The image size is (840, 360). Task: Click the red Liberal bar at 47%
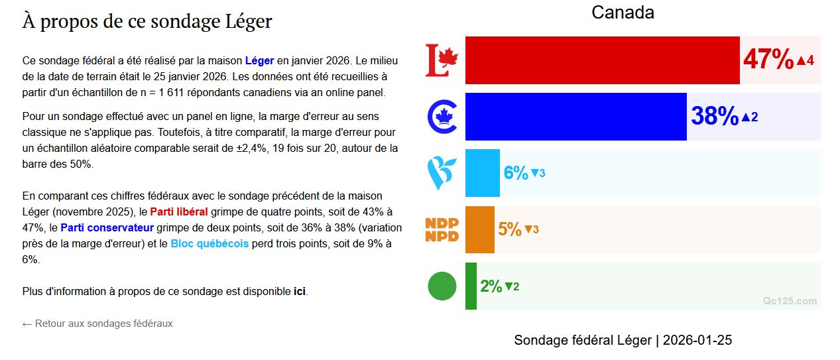pyautogui.click(x=602, y=60)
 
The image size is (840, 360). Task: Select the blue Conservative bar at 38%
pyautogui.click(x=575, y=117)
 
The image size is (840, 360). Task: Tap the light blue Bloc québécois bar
pyautogui.click(x=482, y=173)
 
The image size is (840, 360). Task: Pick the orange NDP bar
pyautogui.click(x=479, y=229)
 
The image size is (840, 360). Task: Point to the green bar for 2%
pyautogui.click(x=471, y=286)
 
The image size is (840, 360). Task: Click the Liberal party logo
pyautogui.click(x=442, y=60)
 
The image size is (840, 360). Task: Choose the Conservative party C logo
pyautogui.click(x=442, y=117)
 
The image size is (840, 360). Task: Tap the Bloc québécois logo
pyautogui.click(x=442, y=173)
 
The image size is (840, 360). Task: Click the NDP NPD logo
pyautogui.click(x=442, y=229)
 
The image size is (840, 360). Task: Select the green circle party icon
pyautogui.click(x=442, y=286)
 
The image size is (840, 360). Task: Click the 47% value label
pyautogui.click(x=768, y=60)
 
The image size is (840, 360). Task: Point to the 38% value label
pyautogui.click(x=715, y=117)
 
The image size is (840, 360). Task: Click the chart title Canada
pyautogui.click(x=623, y=13)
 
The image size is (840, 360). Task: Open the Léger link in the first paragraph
pyautogui.click(x=259, y=60)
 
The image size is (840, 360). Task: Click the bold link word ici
pyautogui.click(x=300, y=291)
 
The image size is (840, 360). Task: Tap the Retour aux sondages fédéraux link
pyautogui.click(x=97, y=324)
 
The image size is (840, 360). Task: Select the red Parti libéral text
pyautogui.click(x=179, y=212)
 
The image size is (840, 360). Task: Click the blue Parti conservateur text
pyautogui.click(x=107, y=228)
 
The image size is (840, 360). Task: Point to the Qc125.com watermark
pyautogui.click(x=790, y=301)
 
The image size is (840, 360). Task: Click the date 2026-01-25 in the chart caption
pyautogui.click(x=697, y=340)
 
